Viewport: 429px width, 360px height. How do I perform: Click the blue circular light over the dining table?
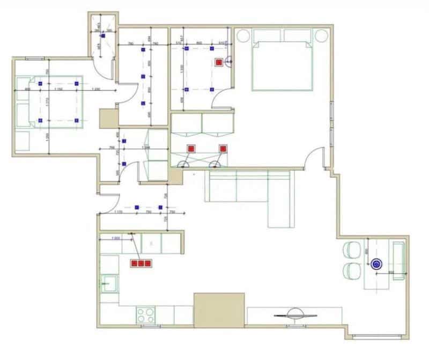click(x=376, y=263)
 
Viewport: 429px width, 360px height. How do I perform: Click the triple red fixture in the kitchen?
click(x=141, y=263)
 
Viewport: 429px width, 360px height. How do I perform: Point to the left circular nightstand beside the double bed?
click(x=242, y=36)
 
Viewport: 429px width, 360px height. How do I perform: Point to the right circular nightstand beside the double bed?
click(x=322, y=36)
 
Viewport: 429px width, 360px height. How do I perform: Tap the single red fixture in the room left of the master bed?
click(x=219, y=62)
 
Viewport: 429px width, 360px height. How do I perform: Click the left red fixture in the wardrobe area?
click(x=190, y=149)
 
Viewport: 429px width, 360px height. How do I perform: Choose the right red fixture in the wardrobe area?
click(x=223, y=149)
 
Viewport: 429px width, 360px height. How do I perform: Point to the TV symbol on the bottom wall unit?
click(x=295, y=314)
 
